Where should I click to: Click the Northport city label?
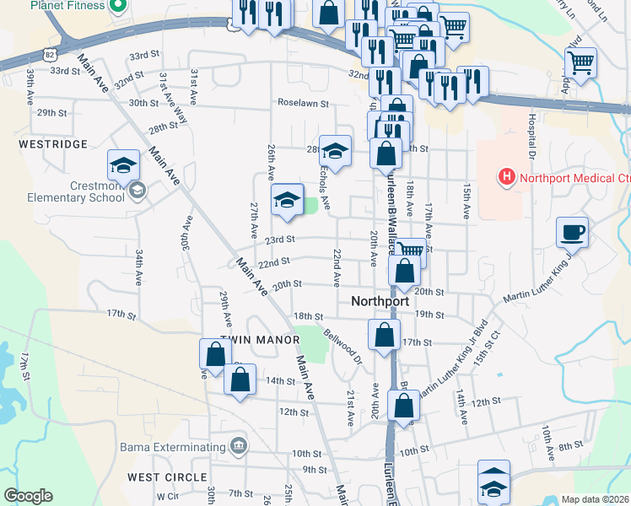(380, 301)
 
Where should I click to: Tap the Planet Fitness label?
(67, 5)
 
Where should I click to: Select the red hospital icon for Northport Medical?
(506, 177)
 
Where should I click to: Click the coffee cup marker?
(572, 231)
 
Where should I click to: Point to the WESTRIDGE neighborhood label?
(52, 144)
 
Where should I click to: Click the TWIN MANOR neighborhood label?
(261, 340)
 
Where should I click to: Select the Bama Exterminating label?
(174, 445)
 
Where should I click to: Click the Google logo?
(28, 496)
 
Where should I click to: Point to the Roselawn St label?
(303, 103)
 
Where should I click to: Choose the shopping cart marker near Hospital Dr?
(580, 62)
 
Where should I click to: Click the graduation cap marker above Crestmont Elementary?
(123, 164)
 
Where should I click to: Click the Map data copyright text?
(595, 499)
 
